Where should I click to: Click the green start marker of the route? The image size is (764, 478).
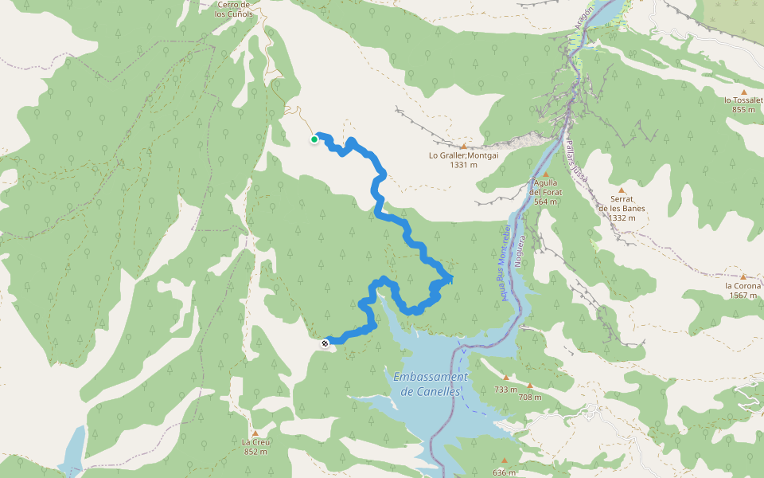click(x=314, y=139)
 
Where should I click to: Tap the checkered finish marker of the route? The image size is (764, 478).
click(x=325, y=343)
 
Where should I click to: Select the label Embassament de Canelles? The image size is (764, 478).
click(x=431, y=383)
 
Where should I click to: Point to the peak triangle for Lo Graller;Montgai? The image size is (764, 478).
click(x=463, y=147)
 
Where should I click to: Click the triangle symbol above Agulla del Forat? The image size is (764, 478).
click(x=547, y=174)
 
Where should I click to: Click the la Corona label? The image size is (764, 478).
click(x=743, y=285)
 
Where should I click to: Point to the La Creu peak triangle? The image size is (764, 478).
click(x=255, y=433)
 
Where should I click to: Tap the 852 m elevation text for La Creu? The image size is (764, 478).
click(x=255, y=452)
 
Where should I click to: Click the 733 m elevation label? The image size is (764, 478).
click(x=506, y=390)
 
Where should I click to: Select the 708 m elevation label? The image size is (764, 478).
click(x=529, y=397)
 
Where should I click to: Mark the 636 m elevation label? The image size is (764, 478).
click(x=505, y=472)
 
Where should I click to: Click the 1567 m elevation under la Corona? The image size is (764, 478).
click(x=743, y=296)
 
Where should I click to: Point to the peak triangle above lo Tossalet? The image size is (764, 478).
click(x=743, y=92)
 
